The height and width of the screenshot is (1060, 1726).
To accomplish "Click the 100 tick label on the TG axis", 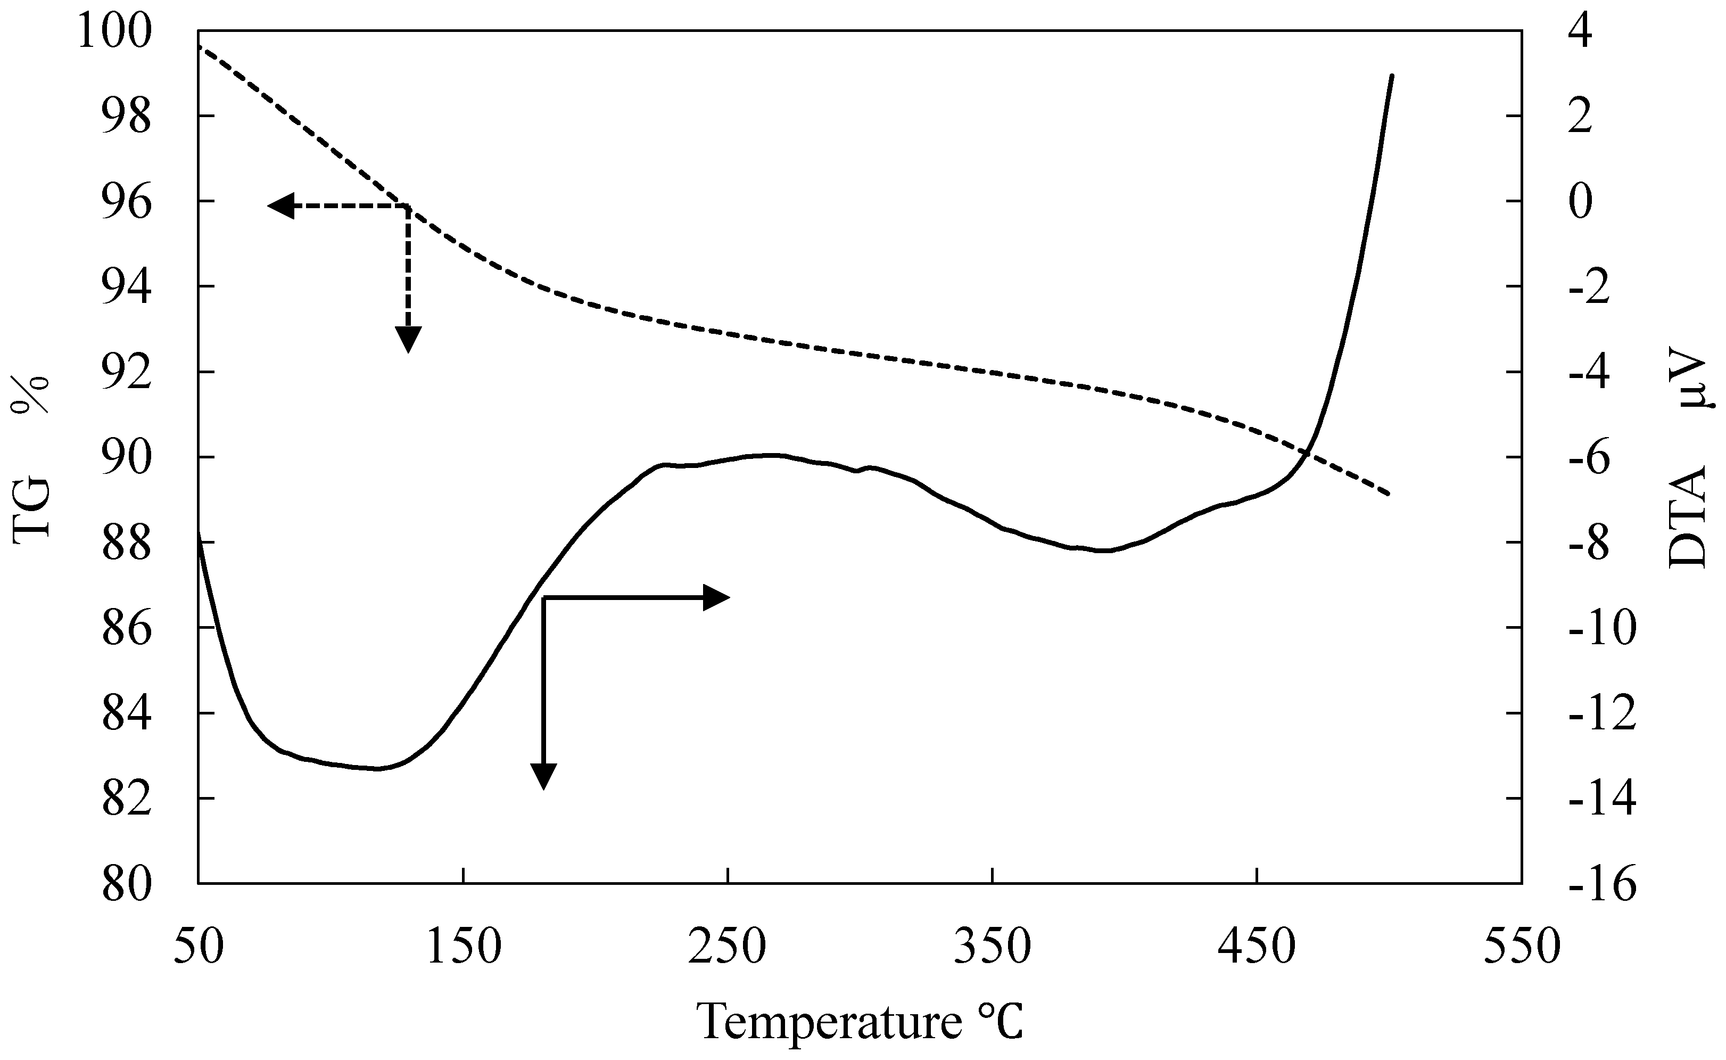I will pyautogui.click(x=114, y=32).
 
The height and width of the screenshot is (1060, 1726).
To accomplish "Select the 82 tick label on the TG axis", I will pyautogui.click(x=126, y=801).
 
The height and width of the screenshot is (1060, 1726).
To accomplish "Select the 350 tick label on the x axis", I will pyautogui.click(x=993, y=947).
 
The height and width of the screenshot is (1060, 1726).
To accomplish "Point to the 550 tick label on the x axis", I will pyautogui.click(x=1522, y=947).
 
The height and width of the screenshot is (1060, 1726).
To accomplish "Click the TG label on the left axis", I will pyautogui.click(x=31, y=506).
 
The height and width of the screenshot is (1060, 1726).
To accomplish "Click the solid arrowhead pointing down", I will pyautogui.click(x=543, y=775).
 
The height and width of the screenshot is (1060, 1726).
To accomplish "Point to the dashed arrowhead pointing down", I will pyautogui.click(x=408, y=339).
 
